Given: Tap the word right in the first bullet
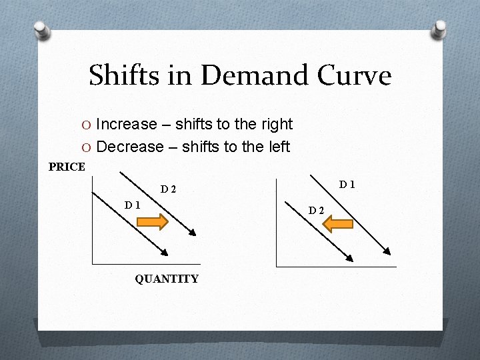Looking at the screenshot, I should [277, 124].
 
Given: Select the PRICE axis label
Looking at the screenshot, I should [67, 167].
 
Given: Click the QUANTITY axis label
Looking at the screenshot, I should [167, 279].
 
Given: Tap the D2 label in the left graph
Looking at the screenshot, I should [168, 189].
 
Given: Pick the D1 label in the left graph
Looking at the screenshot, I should [132, 205].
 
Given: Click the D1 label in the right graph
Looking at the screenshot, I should [347, 183].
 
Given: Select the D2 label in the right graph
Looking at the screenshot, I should [316, 211].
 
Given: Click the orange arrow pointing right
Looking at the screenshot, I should [153, 222].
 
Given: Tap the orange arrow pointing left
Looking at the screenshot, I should [337, 223].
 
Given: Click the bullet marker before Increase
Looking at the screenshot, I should [87, 125].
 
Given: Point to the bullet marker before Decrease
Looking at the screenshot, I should [87, 147].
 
